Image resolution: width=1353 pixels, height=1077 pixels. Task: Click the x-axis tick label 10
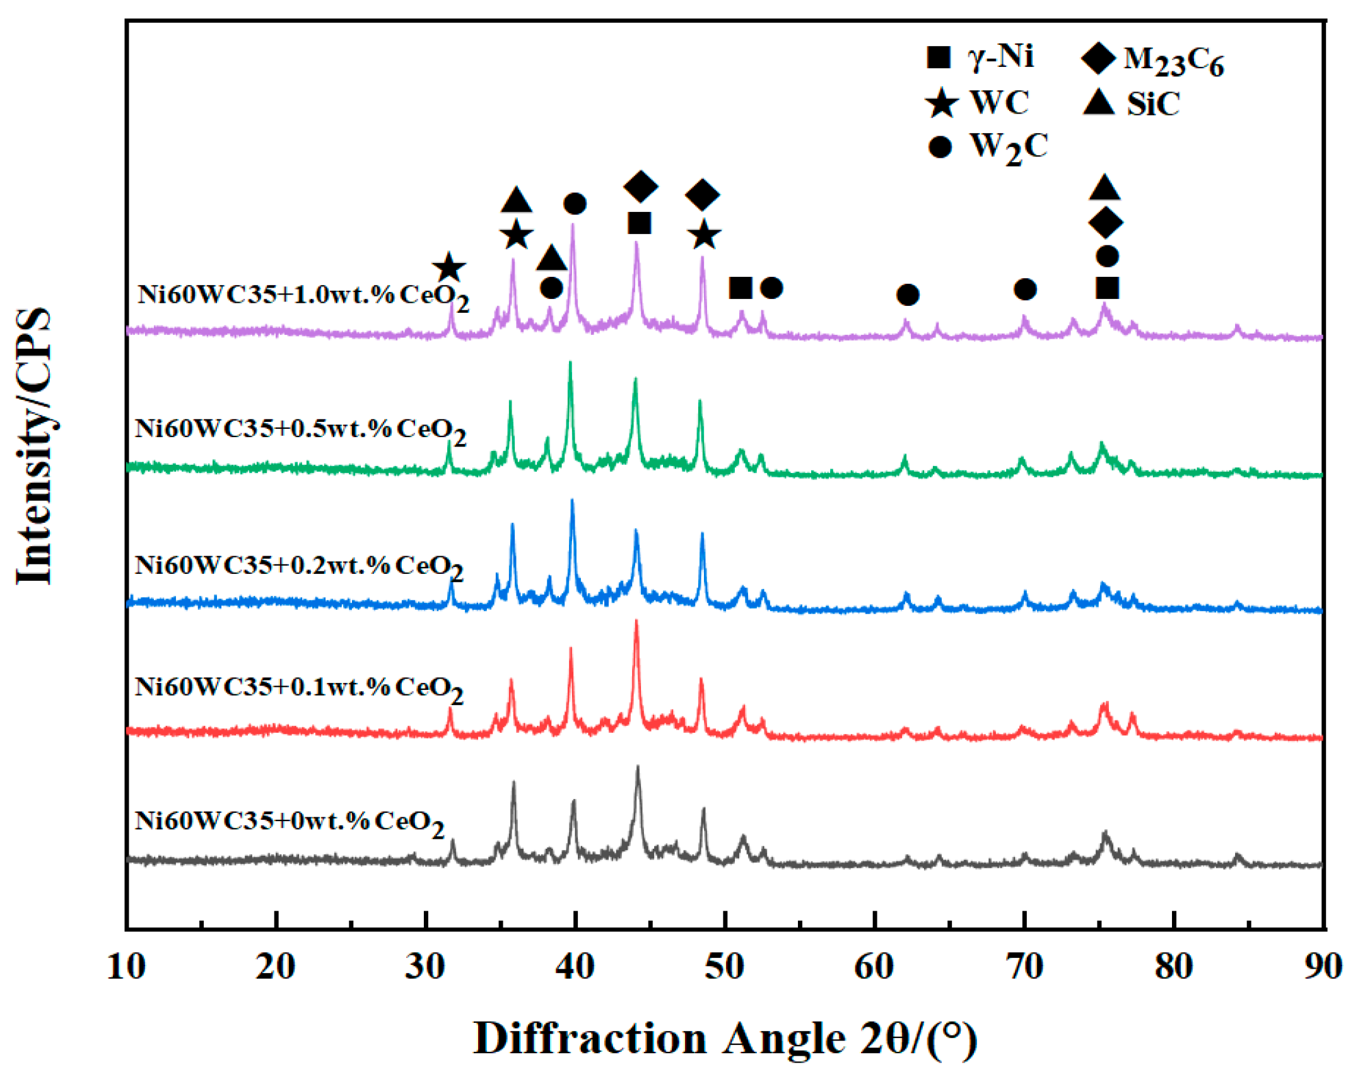pyautogui.click(x=126, y=967)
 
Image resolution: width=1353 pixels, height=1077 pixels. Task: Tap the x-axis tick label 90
pyautogui.click(x=1323, y=967)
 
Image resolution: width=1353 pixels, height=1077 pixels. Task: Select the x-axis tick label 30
pyautogui.click(x=425, y=967)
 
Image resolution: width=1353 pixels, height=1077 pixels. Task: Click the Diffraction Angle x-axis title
pyautogui.click(x=725, y=1039)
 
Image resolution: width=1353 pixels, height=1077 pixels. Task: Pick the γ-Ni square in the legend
pyautogui.click(x=939, y=57)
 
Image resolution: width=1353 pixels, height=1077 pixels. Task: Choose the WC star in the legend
pyautogui.click(x=942, y=103)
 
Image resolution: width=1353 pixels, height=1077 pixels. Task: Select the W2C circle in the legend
pyautogui.click(x=940, y=148)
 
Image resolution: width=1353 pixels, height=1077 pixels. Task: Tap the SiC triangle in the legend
pyautogui.click(x=1099, y=103)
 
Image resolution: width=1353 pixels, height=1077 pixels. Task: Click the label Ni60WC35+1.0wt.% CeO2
pyautogui.click(x=303, y=296)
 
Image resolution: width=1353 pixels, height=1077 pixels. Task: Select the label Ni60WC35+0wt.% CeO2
pyautogui.click(x=289, y=822)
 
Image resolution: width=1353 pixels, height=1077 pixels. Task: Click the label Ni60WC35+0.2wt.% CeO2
pyautogui.click(x=299, y=566)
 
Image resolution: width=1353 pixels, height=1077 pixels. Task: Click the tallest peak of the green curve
pyautogui.click(x=570, y=363)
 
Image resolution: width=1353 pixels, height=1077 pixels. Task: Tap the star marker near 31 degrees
pyautogui.click(x=449, y=268)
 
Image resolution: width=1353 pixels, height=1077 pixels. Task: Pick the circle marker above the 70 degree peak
pyautogui.click(x=1025, y=289)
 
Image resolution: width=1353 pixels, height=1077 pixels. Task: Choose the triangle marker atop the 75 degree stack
pyautogui.click(x=1104, y=189)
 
